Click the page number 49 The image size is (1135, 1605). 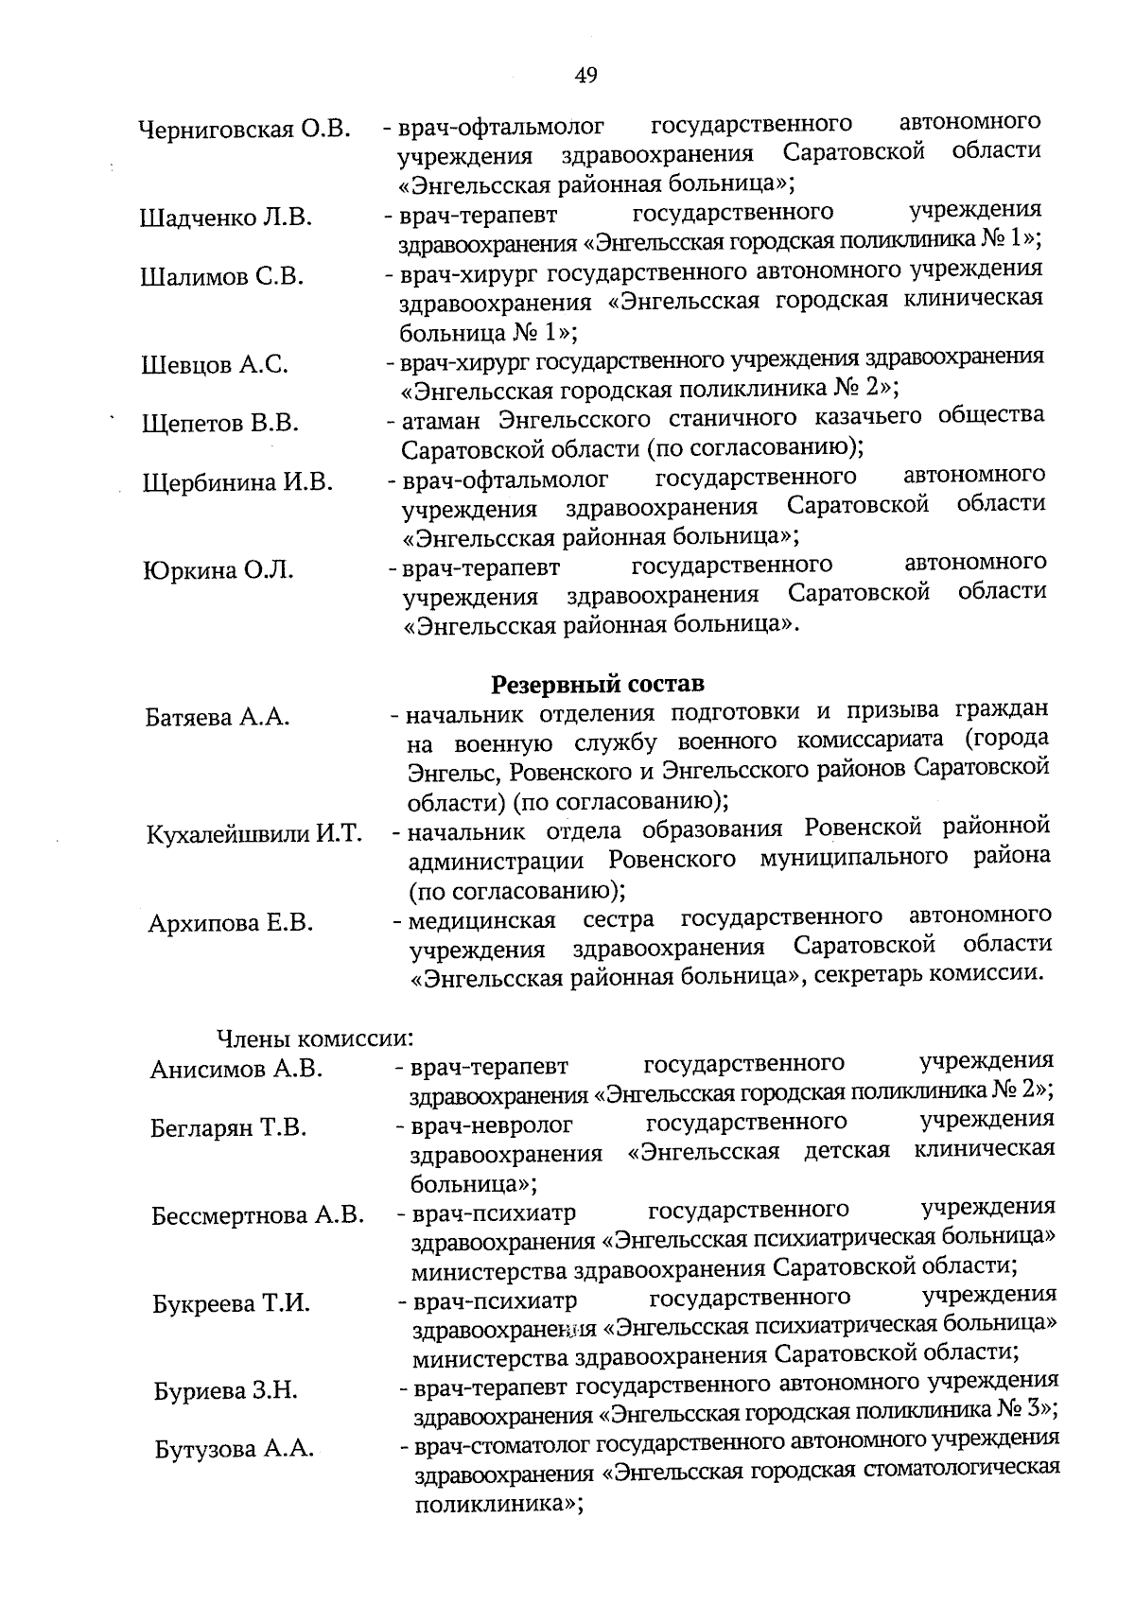(585, 77)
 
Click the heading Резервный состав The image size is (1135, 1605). (598, 683)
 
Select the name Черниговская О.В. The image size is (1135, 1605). (244, 130)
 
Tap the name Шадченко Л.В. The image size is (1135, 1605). (226, 218)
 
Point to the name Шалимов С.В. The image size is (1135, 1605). (222, 277)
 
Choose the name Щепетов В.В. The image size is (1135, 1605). (220, 424)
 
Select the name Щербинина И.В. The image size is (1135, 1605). (237, 482)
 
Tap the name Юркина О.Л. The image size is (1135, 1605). (218, 570)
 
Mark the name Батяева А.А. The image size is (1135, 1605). (218, 718)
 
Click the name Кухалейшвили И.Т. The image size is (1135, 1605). (254, 835)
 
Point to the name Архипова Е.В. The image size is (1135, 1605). (231, 923)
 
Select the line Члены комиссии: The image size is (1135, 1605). (317, 1038)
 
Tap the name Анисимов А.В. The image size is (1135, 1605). (236, 1070)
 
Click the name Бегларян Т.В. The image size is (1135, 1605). (229, 1128)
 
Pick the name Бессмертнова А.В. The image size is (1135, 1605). (257, 1215)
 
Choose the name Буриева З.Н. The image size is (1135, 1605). (226, 1391)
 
